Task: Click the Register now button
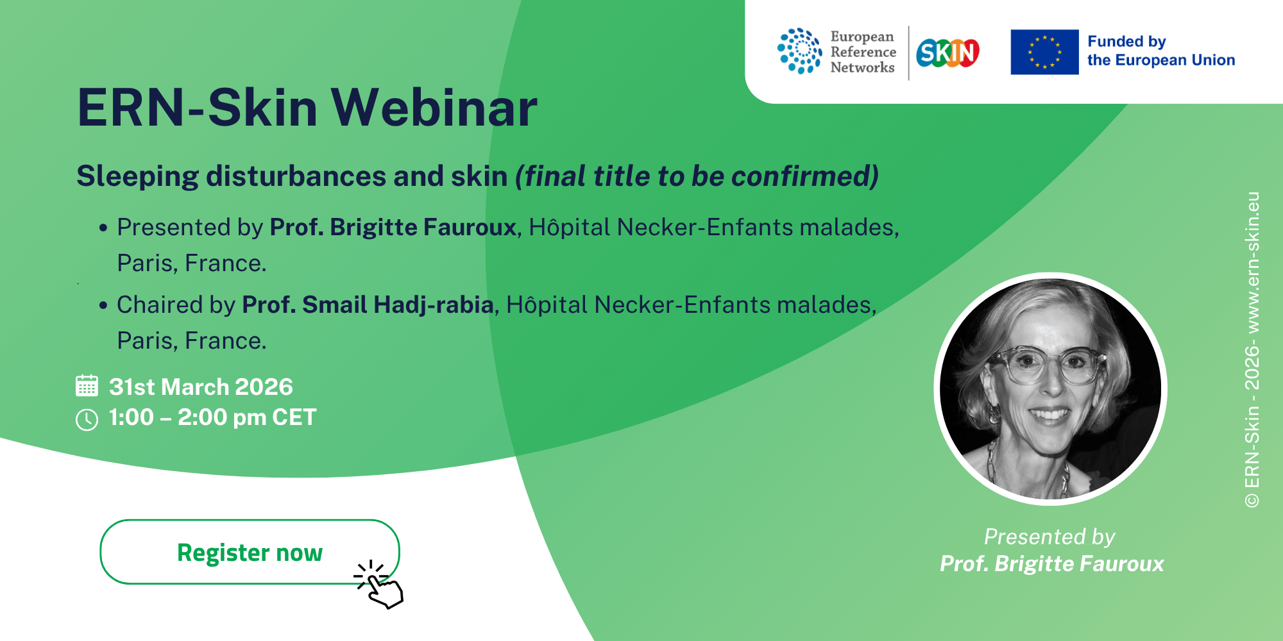[250, 552]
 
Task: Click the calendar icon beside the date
[87, 386]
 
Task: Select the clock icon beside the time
[87, 420]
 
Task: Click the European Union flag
[1044, 52]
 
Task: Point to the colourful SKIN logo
[947, 53]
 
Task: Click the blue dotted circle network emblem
[799, 51]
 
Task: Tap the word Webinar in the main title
[434, 108]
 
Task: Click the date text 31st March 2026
[201, 387]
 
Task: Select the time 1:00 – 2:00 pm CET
[212, 417]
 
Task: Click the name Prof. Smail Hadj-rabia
[368, 305]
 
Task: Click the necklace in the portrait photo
[1026, 471]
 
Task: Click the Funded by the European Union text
[1161, 51]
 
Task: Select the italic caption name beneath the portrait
[1052, 563]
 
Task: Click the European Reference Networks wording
[863, 52]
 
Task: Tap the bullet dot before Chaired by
[103, 305]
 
